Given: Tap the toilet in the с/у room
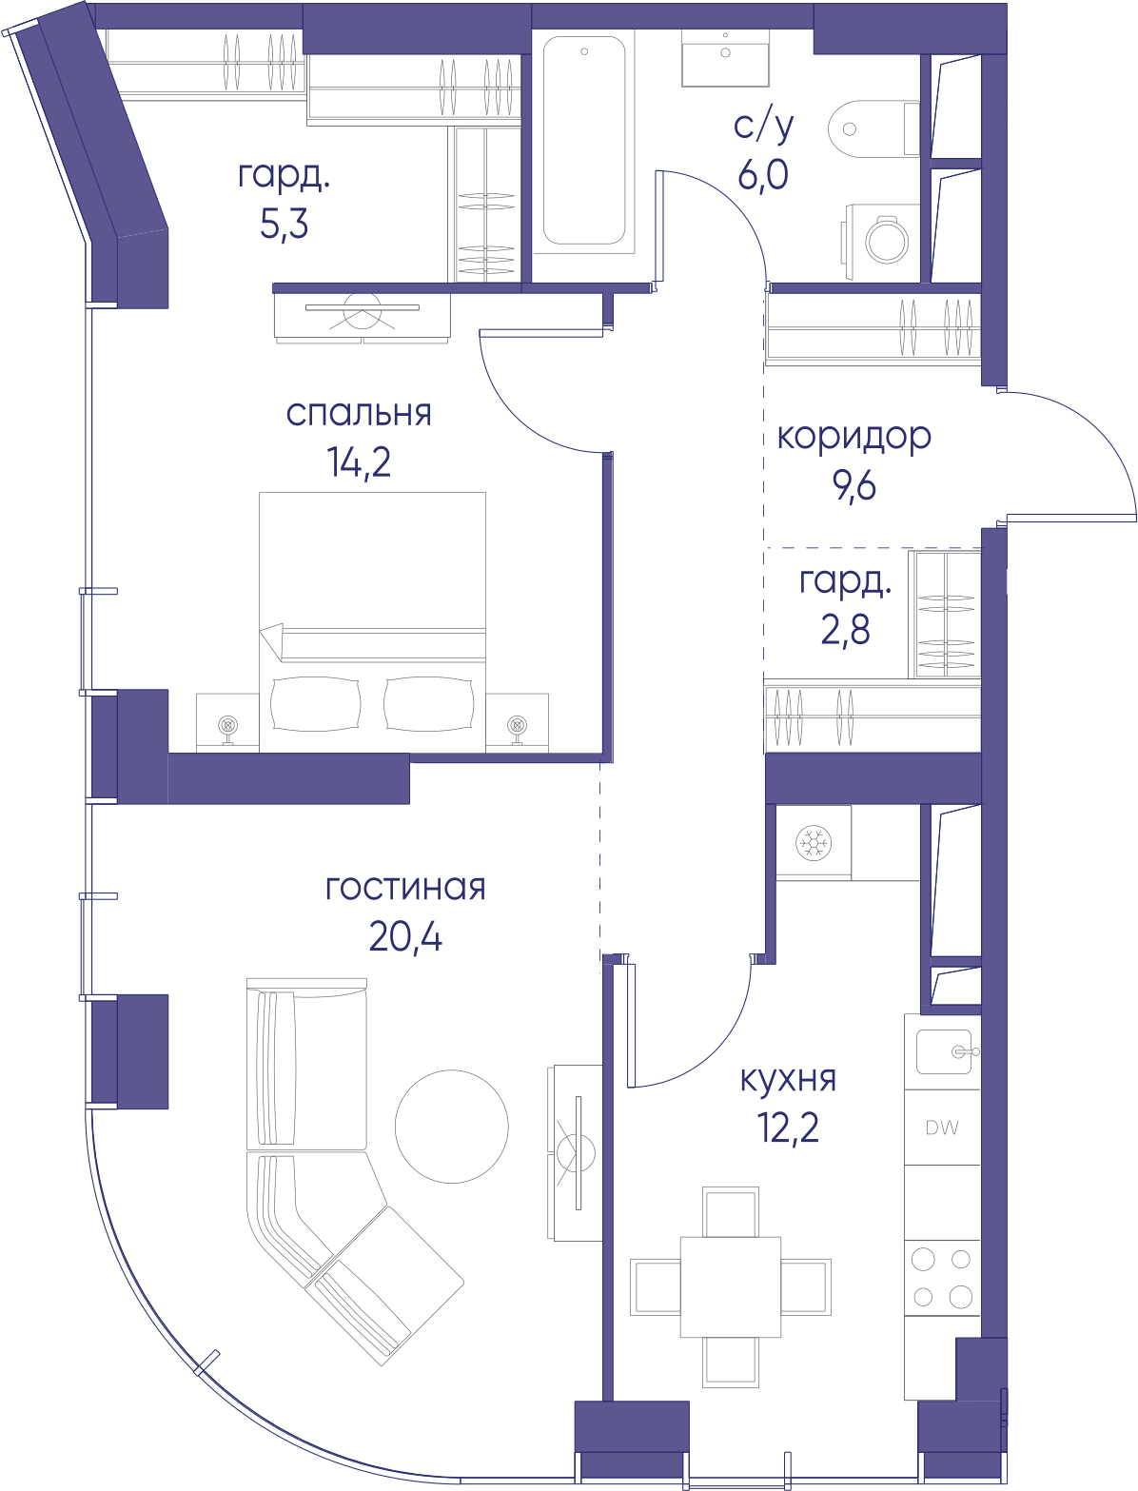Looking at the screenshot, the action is (873, 129).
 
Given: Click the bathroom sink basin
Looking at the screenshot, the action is (725, 57).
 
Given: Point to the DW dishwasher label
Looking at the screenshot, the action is (942, 1128).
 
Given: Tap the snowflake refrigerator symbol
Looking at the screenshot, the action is (814, 843).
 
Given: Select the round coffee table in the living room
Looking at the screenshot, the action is (452, 1127).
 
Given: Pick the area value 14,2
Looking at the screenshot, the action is (359, 463).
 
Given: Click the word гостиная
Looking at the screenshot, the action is (405, 889).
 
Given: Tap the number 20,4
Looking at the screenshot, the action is (405, 937).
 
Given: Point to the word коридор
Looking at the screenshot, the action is (853, 438).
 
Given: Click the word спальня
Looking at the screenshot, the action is (359, 414).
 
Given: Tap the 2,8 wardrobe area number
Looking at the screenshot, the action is (845, 630).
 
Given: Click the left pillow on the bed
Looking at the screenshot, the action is (316, 704).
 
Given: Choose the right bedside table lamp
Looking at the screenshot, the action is (517, 729).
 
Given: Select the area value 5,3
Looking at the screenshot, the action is (284, 225).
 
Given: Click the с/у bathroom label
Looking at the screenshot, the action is (763, 126).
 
